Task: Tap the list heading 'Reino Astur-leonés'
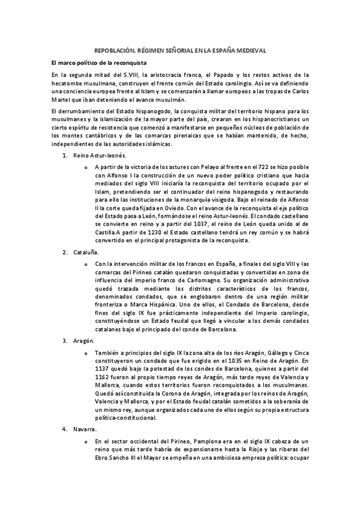[99, 156]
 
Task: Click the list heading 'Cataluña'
[87, 252]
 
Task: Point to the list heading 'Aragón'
[84, 341]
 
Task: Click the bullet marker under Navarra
[87, 442]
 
